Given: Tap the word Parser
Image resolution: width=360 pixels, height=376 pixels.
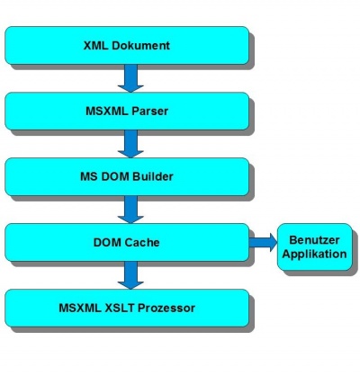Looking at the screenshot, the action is [x=149, y=112].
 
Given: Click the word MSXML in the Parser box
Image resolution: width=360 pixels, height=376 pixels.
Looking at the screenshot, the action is [x=107, y=112].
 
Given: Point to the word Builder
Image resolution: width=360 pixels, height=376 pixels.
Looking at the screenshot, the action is [x=153, y=176].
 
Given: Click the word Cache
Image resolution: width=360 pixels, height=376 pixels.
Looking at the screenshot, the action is [x=142, y=242].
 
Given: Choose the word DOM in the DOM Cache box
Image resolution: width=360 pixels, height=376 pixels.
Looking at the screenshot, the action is [x=108, y=242].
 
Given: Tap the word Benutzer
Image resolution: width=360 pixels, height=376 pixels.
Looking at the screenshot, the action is [x=314, y=240].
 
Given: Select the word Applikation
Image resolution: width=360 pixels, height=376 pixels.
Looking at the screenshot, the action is [x=314, y=254].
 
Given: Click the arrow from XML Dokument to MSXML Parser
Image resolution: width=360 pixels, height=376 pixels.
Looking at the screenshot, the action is [x=130, y=78].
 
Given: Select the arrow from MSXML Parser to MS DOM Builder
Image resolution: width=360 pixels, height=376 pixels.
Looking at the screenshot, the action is [x=130, y=144].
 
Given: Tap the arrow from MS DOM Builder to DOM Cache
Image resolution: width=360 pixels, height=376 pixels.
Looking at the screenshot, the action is [x=130, y=210].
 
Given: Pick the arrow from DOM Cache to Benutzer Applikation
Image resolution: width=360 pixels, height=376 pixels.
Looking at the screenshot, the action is [x=264, y=242].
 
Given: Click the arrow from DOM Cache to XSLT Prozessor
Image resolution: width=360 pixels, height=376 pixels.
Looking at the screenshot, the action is [x=130, y=275].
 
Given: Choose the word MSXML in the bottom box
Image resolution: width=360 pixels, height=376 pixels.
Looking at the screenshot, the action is [x=80, y=308].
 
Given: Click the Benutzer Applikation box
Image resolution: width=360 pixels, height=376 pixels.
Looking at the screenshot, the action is [x=314, y=246].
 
